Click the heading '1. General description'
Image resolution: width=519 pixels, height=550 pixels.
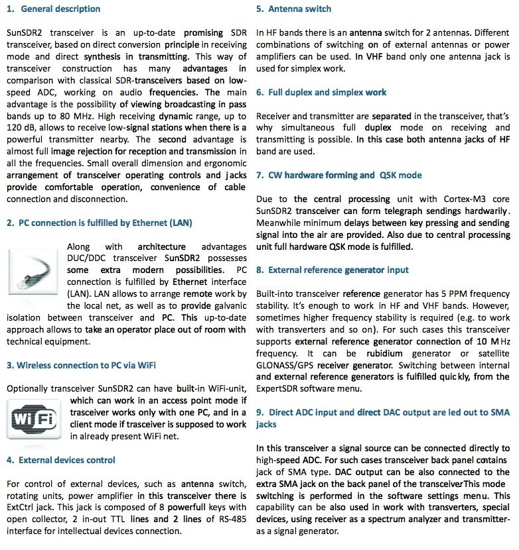(x=54, y=9)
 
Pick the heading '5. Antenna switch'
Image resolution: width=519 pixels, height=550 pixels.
(x=293, y=9)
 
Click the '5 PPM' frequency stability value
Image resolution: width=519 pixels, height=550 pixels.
(x=420, y=294)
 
